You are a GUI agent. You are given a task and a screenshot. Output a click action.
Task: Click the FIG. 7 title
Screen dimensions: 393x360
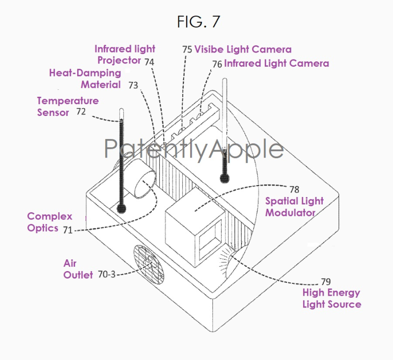(x=198, y=22)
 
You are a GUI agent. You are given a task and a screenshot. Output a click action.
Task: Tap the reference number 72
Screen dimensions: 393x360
(x=81, y=111)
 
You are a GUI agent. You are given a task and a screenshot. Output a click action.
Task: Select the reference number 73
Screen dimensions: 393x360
(x=133, y=85)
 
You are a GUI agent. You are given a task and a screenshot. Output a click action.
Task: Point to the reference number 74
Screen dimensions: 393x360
(x=149, y=62)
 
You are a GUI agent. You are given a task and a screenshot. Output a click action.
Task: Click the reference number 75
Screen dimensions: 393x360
(x=187, y=50)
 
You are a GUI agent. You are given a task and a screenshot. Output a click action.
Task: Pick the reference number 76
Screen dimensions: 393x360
(x=217, y=64)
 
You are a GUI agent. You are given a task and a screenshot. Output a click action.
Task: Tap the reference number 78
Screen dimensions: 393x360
(x=294, y=190)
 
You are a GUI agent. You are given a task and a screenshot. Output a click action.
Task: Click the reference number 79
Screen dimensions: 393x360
(x=326, y=282)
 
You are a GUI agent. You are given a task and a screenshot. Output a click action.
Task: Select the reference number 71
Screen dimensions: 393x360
(x=68, y=230)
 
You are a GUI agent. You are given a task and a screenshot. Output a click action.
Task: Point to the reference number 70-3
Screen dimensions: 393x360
(x=107, y=275)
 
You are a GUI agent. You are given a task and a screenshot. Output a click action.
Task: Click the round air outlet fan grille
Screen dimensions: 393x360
(x=149, y=263)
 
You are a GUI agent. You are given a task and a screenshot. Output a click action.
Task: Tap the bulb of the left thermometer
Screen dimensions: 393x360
(x=121, y=208)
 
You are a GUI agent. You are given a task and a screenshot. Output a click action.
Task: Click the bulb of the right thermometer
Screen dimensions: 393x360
(x=225, y=178)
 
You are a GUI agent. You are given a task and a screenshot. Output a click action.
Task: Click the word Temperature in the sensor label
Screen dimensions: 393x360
(x=68, y=101)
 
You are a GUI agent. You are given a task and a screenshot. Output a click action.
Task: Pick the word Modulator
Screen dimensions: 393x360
(x=290, y=213)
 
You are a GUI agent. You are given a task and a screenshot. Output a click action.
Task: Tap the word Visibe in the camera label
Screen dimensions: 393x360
(x=209, y=49)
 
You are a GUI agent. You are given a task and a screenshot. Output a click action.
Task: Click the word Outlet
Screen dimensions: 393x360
(x=78, y=275)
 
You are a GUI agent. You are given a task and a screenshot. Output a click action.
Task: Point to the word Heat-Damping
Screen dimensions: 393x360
(x=85, y=73)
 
